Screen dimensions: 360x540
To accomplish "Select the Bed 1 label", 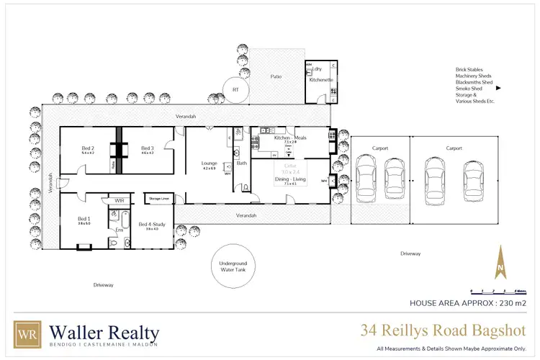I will (84, 218).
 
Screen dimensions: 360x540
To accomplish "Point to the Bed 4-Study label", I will (152, 225).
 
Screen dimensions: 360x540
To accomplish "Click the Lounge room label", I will (209, 163).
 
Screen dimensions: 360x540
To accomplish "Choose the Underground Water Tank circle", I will (232, 268).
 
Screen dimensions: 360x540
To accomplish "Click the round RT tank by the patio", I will (235, 90).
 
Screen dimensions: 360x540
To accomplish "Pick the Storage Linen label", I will (159, 197).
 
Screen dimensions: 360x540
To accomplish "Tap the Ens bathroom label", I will (120, 230).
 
